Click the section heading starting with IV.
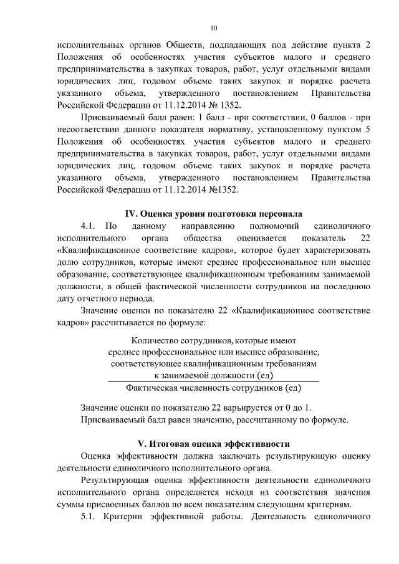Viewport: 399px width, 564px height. coord(214,211)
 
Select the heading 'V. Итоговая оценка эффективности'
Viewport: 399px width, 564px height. coord(214,444)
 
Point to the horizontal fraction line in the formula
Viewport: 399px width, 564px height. coord(214,381)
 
